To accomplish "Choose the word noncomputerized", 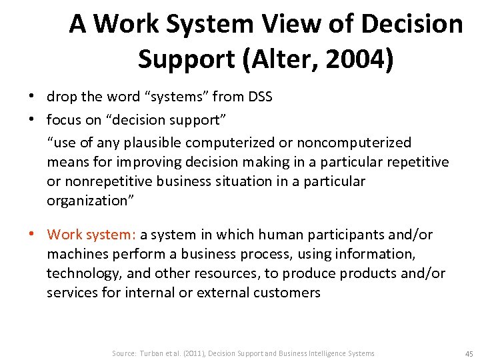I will click(x=353, y=143).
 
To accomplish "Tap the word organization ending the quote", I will click(x=85, y=201).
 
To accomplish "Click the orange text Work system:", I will click(x=92, y=235).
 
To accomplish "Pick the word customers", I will click(x=288, y=293).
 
